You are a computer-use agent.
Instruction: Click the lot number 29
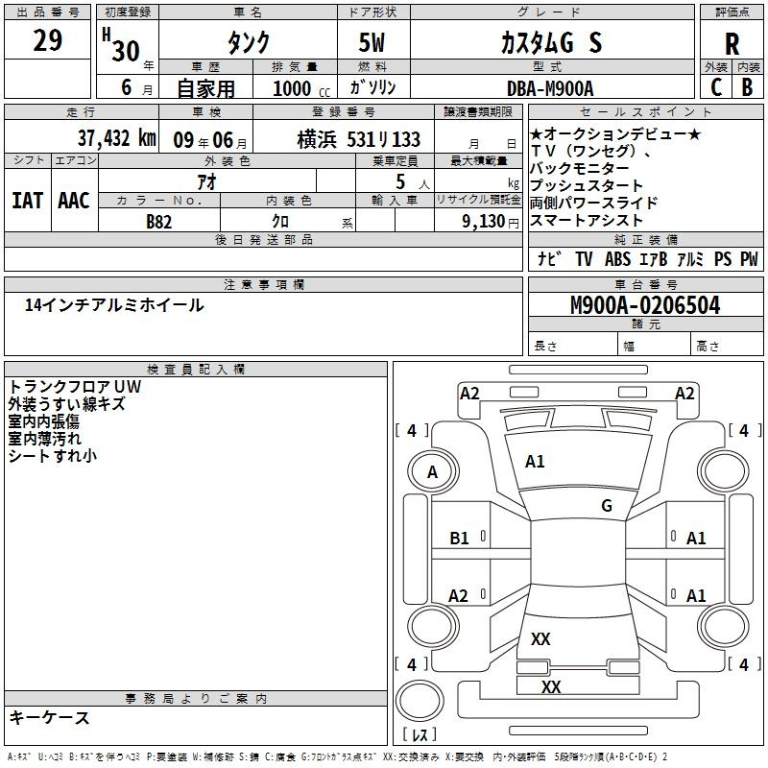click(x=47, y=40)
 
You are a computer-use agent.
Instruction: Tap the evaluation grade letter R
click(x=732, y=44)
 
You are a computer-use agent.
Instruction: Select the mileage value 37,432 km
click(x=116, y=138)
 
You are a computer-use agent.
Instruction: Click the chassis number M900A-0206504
click(x=645, y=305)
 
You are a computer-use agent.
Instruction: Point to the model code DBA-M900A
click(x=550, y=88)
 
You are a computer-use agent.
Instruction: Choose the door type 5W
click(x=372, y=42)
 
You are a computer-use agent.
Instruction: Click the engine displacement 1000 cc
click(x=301, y=88)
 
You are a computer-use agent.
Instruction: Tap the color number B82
click(x=158, y=222)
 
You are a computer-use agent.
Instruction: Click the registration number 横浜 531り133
click(x=358, y=139)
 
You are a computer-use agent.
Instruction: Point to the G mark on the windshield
click(x=607, y=506)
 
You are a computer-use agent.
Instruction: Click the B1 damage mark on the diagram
click(x=459, y=539)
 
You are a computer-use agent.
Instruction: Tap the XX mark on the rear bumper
click(x=550, y=686)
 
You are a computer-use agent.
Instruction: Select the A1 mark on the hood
click(x=535, y=462)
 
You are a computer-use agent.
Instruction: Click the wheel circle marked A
click(x=433, y=472)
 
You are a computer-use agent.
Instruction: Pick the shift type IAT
click(x=28, y=201)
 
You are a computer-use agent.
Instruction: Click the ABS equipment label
click(x=617, y=258)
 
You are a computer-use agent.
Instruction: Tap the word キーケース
click(x=49, y=717)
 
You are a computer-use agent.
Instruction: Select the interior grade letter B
click(x=748, y=87)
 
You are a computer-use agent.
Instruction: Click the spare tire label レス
click(x=420, y=734)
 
